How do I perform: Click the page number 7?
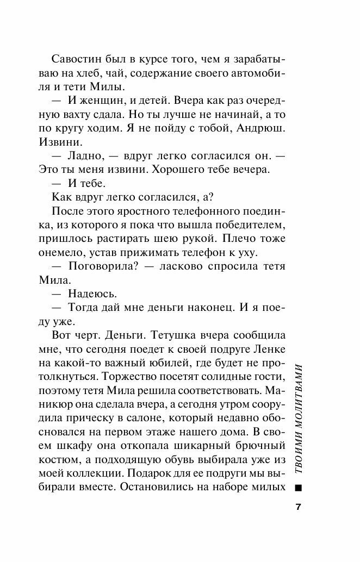pos(297,507)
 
